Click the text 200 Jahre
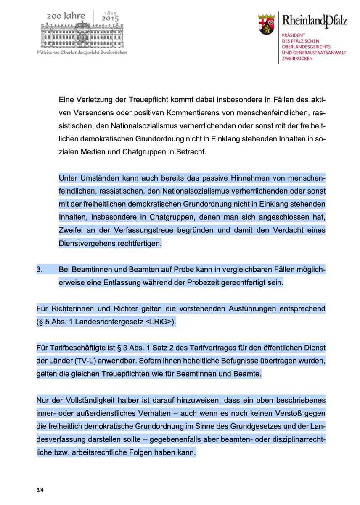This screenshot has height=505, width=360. pos(66,16)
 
